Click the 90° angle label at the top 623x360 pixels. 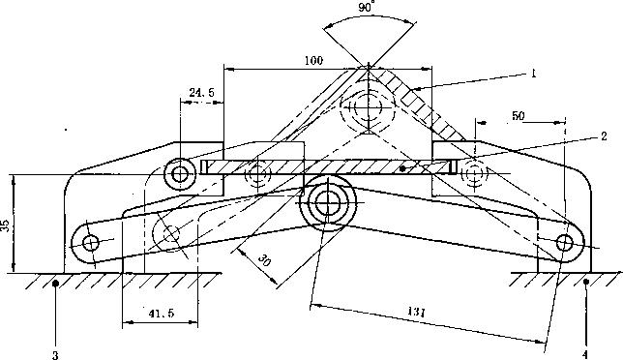367,8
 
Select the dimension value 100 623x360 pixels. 313,60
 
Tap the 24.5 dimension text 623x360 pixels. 201,93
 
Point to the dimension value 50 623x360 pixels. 519,115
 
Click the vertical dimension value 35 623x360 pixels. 5,226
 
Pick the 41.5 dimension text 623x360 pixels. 162,314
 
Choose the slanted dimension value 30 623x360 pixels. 264,260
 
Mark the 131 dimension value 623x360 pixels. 416,312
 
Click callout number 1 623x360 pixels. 534,74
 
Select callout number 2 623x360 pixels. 604,136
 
